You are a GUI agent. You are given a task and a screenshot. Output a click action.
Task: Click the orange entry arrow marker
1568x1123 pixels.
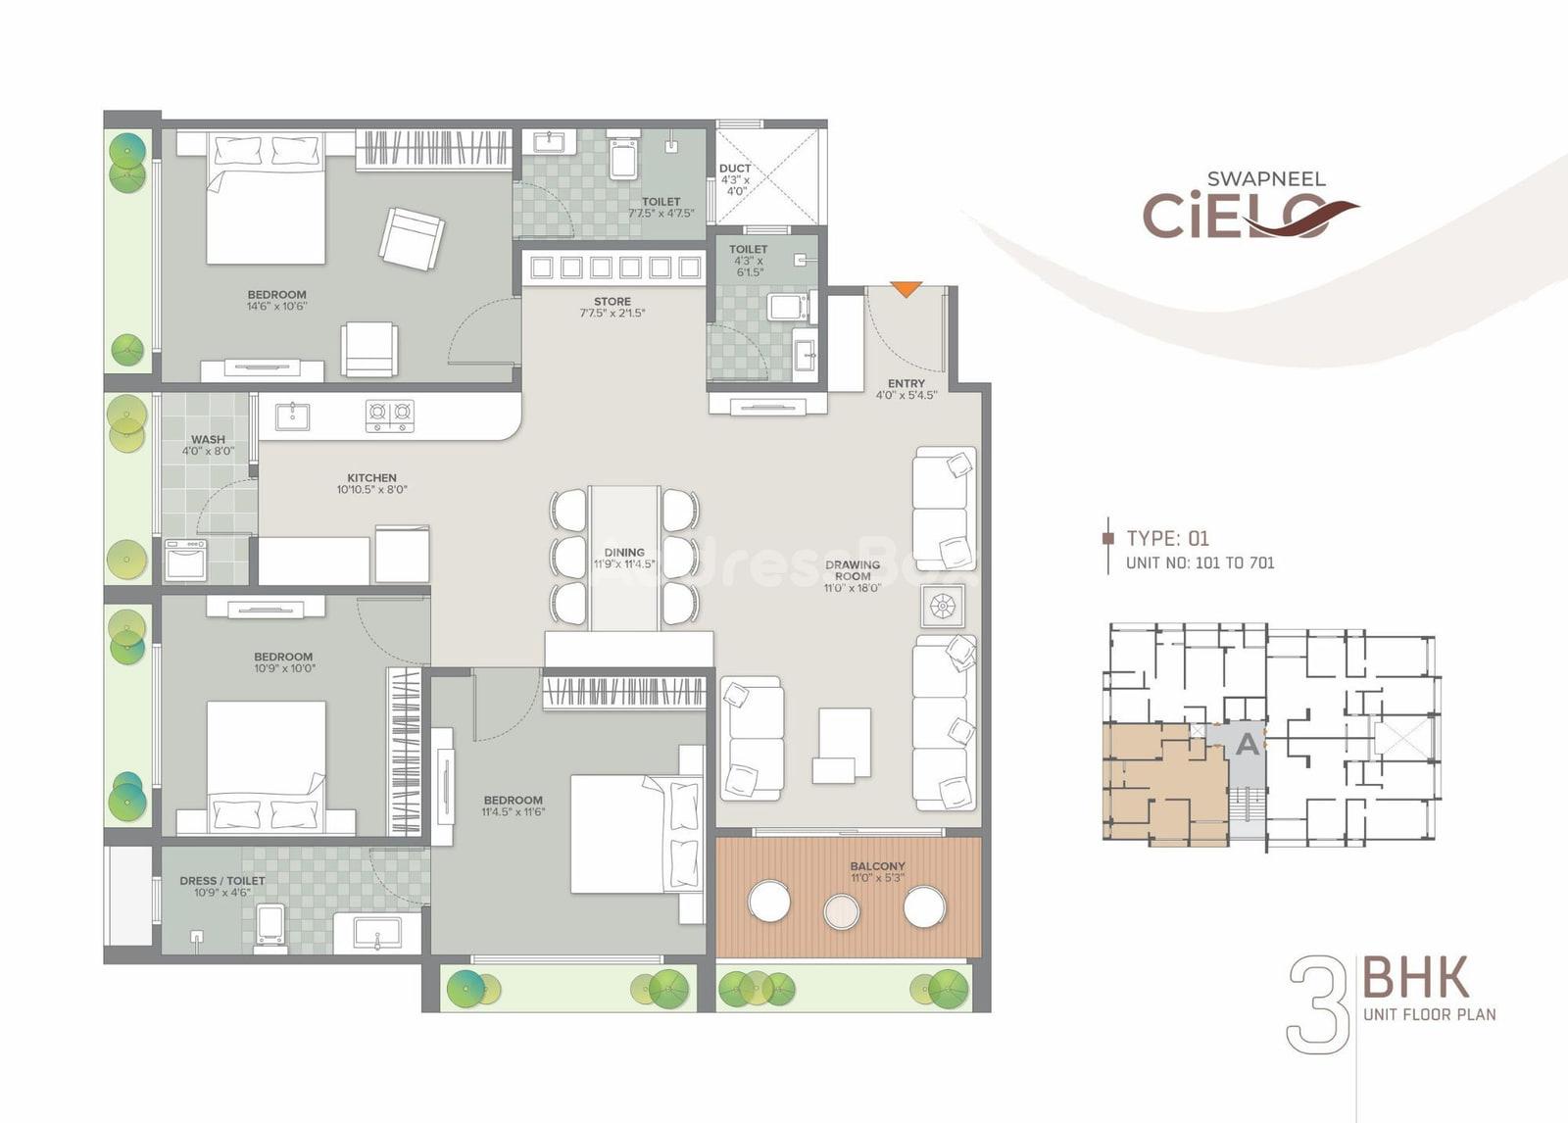point(906,289)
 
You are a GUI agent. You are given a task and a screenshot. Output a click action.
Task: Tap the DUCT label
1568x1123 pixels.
point(735,169)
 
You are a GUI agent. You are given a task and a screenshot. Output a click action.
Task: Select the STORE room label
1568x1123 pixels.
point(612,302)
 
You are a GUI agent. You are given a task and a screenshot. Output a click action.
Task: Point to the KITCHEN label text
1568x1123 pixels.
point(371,478)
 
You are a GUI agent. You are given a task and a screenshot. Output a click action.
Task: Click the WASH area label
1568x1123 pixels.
point(208,440)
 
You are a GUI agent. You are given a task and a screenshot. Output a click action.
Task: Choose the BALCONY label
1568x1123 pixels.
point(878,866)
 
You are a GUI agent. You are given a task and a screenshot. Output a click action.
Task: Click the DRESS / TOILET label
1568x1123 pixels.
point(222,881)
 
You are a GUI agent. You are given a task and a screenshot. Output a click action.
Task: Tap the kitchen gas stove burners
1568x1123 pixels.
point(390,415)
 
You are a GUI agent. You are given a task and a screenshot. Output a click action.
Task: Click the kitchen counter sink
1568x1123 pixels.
point(293,415)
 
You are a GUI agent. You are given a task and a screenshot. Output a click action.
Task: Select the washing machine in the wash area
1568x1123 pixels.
point(185,560)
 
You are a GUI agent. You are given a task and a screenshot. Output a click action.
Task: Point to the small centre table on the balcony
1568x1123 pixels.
point(842,911)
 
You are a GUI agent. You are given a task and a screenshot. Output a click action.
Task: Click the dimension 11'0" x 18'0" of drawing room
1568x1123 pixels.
point(852,588)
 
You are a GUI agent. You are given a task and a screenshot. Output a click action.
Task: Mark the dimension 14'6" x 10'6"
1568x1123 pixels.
point(276,306)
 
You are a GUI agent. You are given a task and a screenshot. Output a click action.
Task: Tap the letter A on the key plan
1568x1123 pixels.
point(1248,744)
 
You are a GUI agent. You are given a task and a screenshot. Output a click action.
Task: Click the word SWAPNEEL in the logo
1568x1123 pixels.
point(1266,179)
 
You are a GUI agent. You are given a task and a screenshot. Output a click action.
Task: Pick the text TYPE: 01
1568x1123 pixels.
point(1167,538)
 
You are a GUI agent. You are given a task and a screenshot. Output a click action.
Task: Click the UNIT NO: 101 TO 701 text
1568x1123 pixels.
point(1200,562)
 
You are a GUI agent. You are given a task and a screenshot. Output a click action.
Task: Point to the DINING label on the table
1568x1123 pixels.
point(624,553)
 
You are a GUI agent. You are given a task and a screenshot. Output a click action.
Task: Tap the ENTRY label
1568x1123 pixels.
point(906,384)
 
